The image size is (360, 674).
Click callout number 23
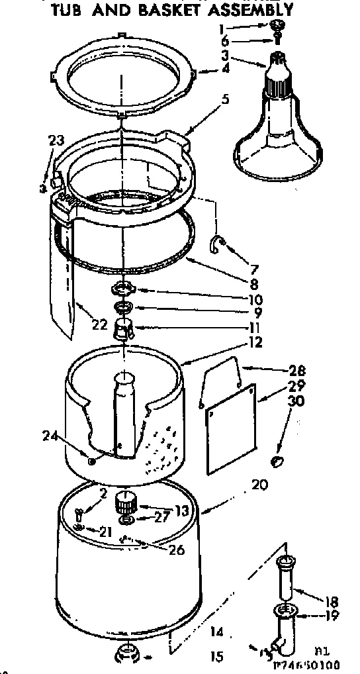[56, 140]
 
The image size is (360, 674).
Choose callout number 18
[332, 602]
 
